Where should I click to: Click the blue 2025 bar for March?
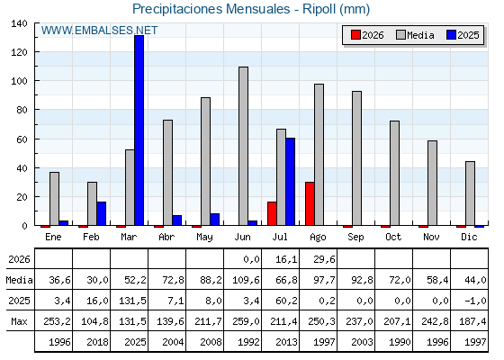tap(139, 130)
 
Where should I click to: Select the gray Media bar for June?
tap(244, 146)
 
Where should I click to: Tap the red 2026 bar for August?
tap(310, 203)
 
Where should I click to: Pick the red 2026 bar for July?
tap(272, 214)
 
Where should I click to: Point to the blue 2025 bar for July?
tap(290, 182)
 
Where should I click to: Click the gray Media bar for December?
tap(470, 193)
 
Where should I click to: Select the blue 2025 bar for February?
tap(101, 214)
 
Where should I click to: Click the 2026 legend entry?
tap(367, 35)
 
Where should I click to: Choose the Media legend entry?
tap(415, 35)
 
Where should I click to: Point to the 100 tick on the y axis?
tap(35, 80)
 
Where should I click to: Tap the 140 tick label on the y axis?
tap(19, 23)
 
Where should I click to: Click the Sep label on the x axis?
tap(355, 238)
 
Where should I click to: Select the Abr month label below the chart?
tap(166, 238)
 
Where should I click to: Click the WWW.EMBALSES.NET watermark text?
tap(99, 31)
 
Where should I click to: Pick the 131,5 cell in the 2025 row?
tap(133, 301)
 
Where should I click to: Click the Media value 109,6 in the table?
tap(247, 280)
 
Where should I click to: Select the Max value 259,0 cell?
tap(247, 321)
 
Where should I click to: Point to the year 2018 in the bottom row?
tap(98, 342)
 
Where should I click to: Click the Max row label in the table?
tap(19, 321)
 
